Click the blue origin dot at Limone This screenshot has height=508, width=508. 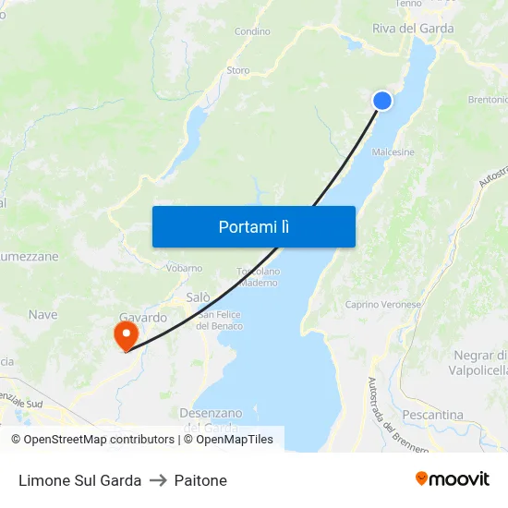point(381,101)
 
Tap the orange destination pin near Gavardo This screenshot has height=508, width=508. point(124,333)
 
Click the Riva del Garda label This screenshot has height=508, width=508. point(413,29)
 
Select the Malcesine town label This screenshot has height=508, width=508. point(393,152)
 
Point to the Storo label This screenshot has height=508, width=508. point(238,70)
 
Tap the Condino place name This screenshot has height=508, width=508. point(252,31)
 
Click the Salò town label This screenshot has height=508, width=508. point(199,297)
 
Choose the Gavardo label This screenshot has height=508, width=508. point(143,317)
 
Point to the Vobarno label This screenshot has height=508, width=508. point(184,268)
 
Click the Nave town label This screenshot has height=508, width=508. point(42,315)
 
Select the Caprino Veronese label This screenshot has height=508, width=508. point(382,304)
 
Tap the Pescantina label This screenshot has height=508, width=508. point(432,415)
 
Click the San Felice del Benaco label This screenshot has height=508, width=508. point(221,321)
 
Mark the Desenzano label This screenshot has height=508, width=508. point(211,413)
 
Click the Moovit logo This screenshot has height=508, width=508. point(453,479)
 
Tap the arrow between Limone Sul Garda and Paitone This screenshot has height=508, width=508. point(158,480)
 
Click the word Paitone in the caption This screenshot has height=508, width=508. point(200,480)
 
